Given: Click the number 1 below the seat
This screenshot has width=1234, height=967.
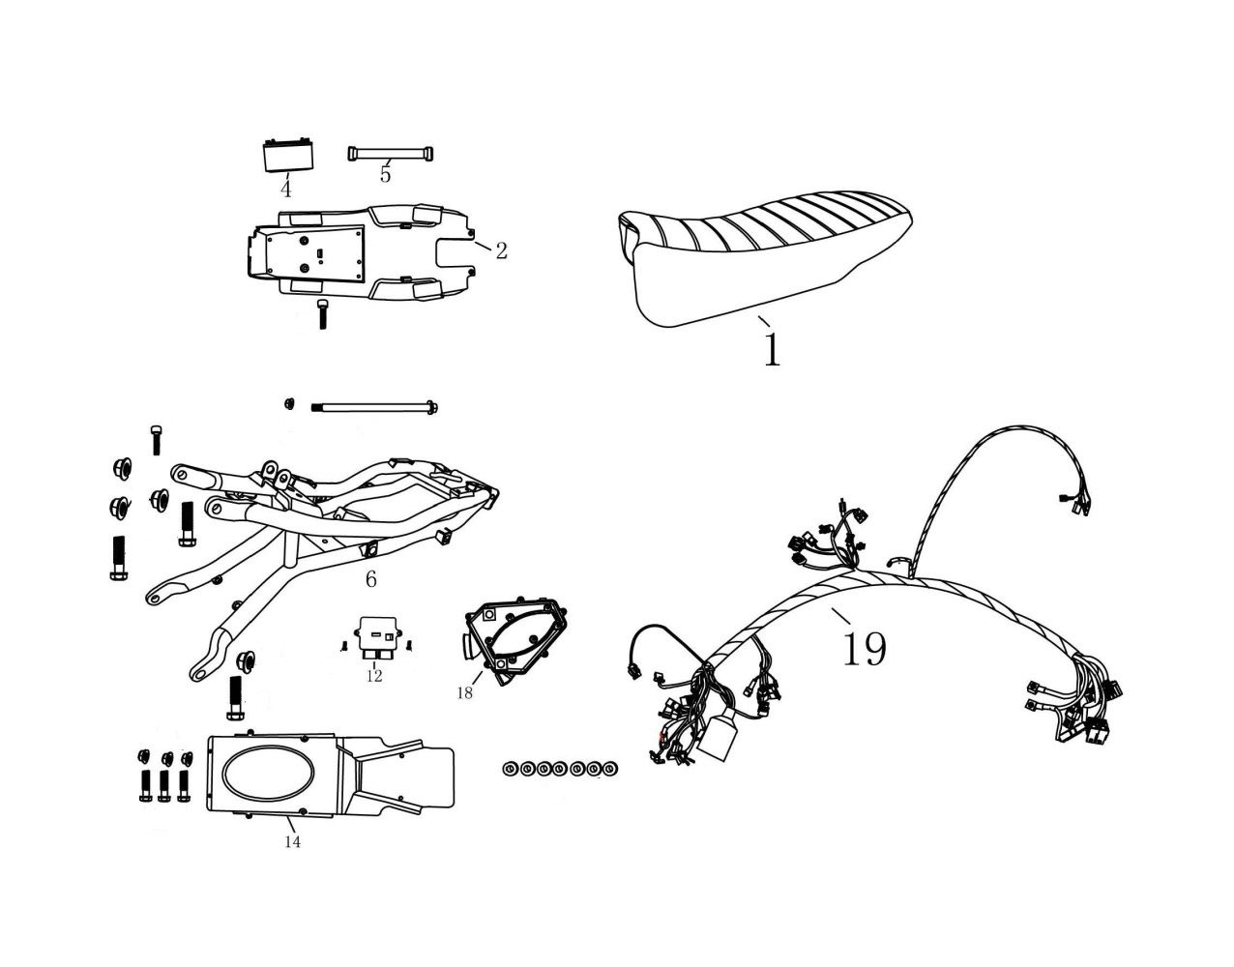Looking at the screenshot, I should coord(771,349).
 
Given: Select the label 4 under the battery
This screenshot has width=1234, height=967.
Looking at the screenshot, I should coord(285,188).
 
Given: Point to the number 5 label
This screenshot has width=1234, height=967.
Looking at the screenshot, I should coord(385,175).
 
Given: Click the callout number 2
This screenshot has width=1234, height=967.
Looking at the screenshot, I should coord(501,251).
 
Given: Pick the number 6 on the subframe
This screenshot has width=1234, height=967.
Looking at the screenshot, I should coord(370,579).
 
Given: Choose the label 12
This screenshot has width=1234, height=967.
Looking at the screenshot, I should coord(374,676).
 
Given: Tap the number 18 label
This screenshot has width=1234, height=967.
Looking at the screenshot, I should coord(465,692).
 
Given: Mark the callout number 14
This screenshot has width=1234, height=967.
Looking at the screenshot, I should coord(292,842).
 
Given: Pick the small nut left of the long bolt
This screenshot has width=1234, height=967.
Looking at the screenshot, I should coord(288,402).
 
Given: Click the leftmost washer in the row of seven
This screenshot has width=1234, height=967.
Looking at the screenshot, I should coord(510,769).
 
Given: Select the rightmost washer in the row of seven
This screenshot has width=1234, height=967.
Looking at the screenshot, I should coord(610,769).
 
